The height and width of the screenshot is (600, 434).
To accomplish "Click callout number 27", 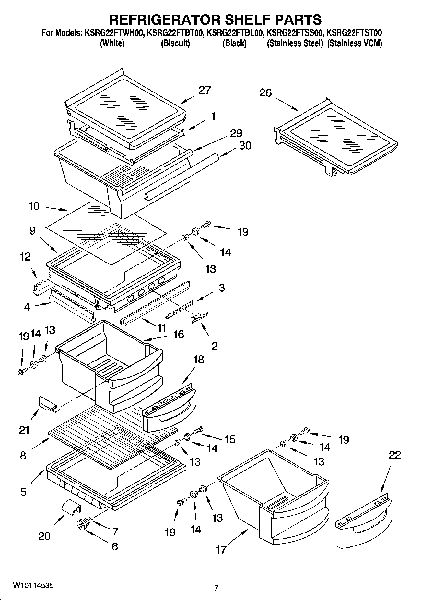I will (x=205, y=90).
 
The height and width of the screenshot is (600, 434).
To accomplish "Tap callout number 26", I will (x=265, y=93).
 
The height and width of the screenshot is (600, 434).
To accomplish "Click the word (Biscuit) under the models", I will (x=175, y=43).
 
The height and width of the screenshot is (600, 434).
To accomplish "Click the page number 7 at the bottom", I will (x=217, y=588).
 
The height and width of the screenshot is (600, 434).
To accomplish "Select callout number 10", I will (x=34, y=206).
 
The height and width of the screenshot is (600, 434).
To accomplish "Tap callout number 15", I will (x=230, y=439).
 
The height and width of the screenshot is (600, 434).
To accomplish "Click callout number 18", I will (x=199, y=360).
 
